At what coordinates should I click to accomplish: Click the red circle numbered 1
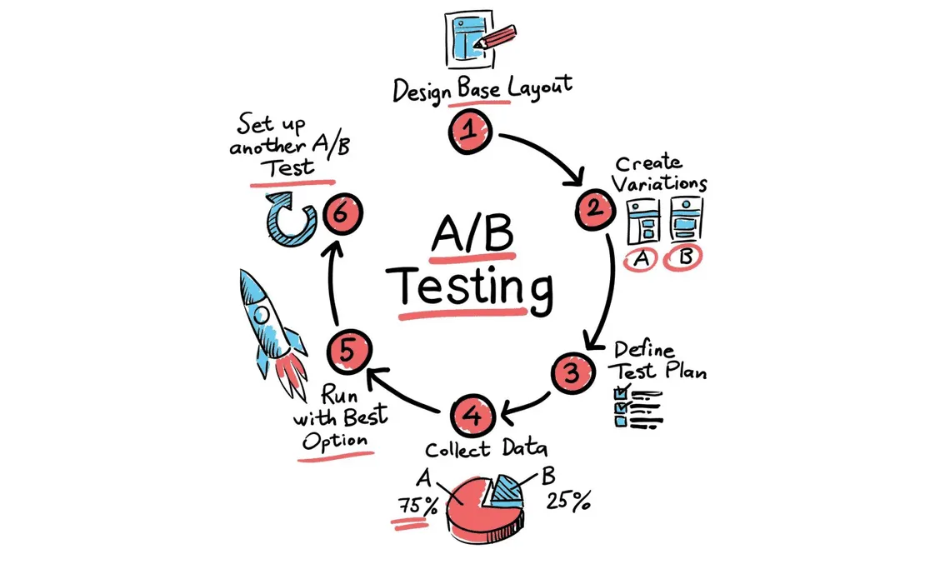469,132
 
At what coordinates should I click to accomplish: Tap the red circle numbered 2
595,210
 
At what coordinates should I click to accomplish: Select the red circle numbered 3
572,372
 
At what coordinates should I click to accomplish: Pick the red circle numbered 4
472,416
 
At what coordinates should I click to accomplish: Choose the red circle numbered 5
348,352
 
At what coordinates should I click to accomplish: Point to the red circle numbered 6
342,213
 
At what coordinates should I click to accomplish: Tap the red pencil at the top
496,37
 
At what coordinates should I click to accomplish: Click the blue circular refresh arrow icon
291,219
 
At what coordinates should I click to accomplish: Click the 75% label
417,506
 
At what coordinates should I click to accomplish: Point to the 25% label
568,501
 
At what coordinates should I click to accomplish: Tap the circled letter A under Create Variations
641,259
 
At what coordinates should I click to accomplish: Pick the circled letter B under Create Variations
683,257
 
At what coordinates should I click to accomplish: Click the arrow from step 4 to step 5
402,391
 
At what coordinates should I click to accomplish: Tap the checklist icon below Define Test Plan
638,407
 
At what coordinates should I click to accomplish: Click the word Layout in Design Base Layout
539,87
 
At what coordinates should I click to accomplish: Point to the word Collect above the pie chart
457,450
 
